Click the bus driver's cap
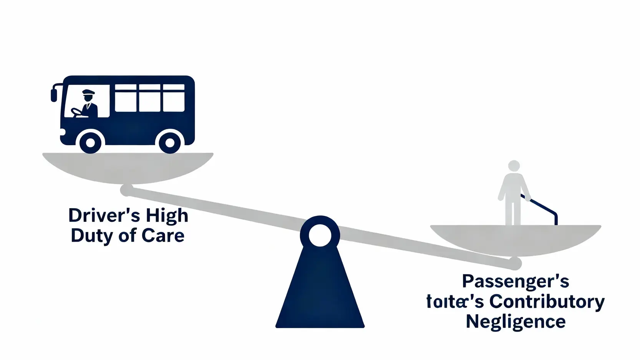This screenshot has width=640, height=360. pos(88,92)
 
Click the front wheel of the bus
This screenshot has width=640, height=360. pos(90,143)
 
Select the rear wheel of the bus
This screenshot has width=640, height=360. pos(169,143)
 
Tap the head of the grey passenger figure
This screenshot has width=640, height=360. pos(514,166)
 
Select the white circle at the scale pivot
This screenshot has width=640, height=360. pos(320,235)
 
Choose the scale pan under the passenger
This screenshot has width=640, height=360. pos(515,238)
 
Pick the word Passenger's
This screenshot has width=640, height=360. pos(515,282)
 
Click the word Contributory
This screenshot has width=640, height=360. pos(547,302)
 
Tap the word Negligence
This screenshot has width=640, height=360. pos(516,322)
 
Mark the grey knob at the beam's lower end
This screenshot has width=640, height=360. pos(515,264)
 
